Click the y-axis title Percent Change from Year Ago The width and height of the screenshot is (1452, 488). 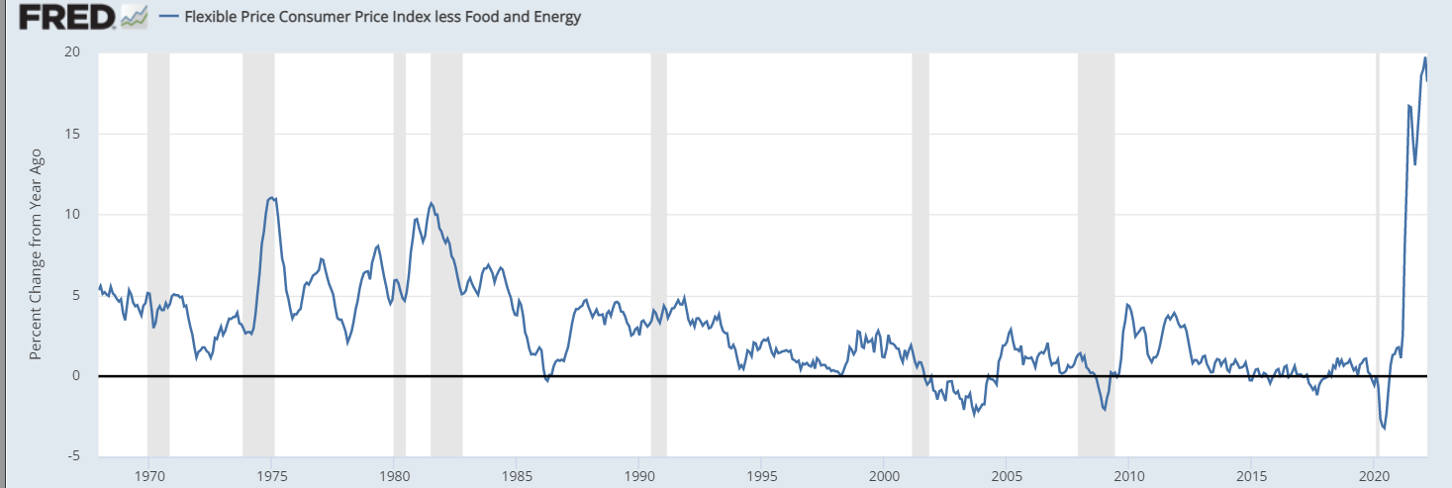[x=36, y=253]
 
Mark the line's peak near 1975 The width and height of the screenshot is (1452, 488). [x=271, y=198]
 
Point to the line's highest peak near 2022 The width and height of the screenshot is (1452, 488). [x=1425, y=57]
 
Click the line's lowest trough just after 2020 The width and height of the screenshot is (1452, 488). [x=1384, y=429]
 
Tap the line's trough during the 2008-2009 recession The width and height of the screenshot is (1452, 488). [x=1105, y=410]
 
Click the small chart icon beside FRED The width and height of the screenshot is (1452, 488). [x=133, y=16]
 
